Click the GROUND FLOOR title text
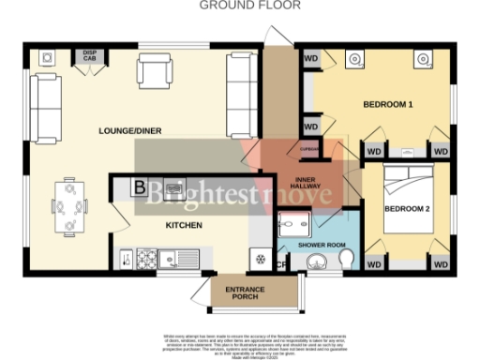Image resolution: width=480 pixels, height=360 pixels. pyautogui.click(x=248, y=6)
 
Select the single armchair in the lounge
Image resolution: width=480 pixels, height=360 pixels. pyautogui.click(x=154, y=70)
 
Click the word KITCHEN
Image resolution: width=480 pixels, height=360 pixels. pyautogui.click(x=185, y=226)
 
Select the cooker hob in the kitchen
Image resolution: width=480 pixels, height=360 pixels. pyautogui.click(x=148, y=257)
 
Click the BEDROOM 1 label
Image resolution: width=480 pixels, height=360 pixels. pyautogui.click(x=389, y=104)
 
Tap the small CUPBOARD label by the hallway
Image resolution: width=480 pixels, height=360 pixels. pyautogui.click(x=309, y=148)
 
